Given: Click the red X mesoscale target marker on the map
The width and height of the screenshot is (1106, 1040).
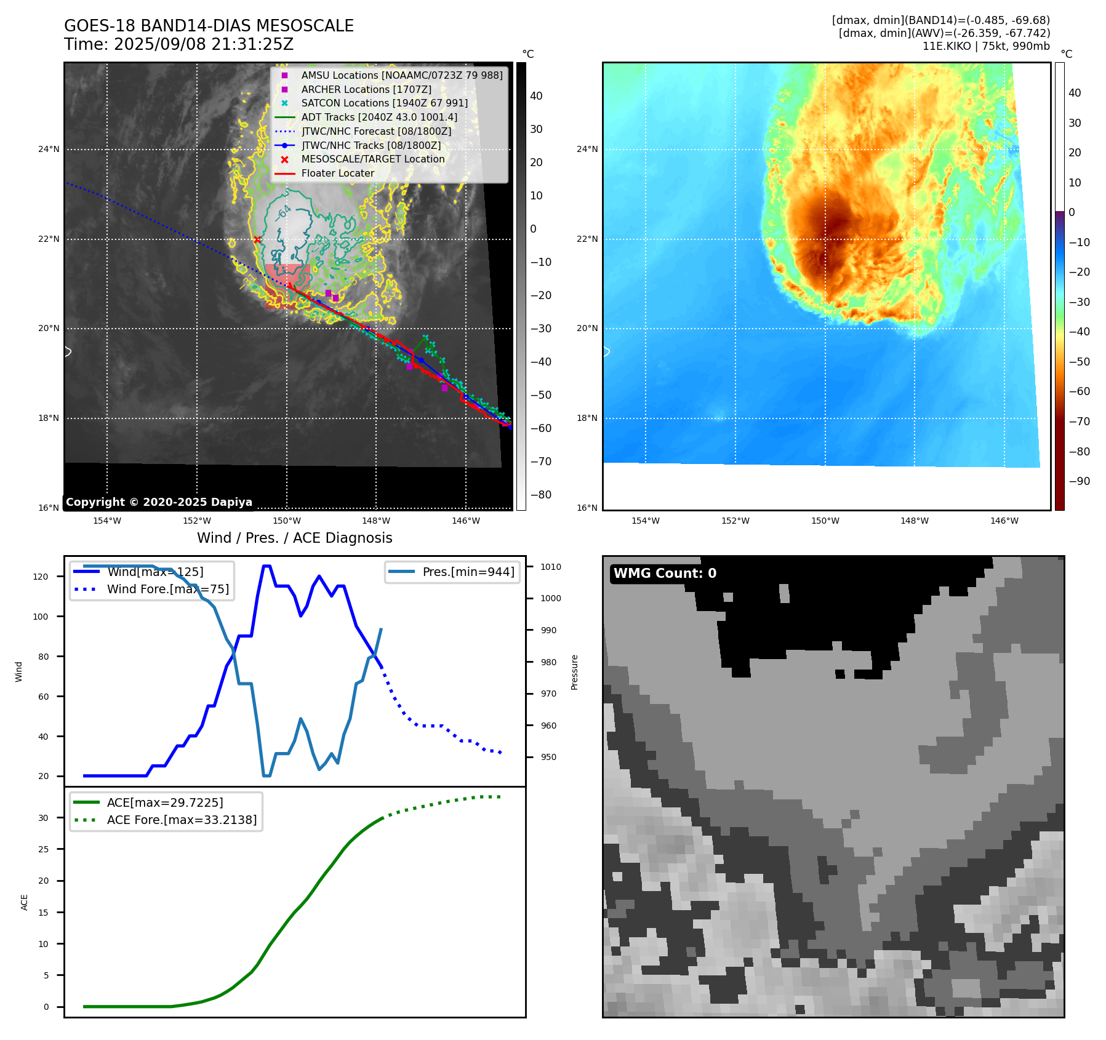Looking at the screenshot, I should pyautogui.click(x=257, y=240).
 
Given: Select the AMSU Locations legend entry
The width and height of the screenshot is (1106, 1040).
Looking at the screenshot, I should pyautogui.click(x=401, y=75).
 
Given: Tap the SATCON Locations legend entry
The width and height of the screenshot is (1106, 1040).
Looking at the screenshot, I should pyautogui.click(x=384, y=103).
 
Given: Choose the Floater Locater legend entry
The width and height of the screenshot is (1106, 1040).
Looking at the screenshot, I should pyautogui.click(x=337, y=174).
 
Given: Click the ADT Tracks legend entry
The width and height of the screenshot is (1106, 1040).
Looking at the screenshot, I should pyautogui.click(x=379, y=117).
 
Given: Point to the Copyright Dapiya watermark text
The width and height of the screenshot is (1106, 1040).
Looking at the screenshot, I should pyautogui.click(x=159, y=502).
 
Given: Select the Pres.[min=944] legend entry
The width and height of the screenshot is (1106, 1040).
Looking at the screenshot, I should pyautogui.click(x=468, y=572).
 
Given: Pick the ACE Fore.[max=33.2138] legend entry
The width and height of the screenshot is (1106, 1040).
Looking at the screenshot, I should pyautogui.click(x=182, y=820).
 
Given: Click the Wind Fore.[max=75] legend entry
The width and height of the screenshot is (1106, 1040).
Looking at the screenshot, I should pyautogui.click(x=167, y=589).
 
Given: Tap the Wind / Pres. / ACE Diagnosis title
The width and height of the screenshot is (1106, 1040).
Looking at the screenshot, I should pyautogui.click(x=294, y=538).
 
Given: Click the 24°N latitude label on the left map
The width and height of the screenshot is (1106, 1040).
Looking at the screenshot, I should pyautogui.click(x=49, y=150).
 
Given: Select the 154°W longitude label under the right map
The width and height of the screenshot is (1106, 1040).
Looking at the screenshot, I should pyautogui.click(x=645, y=521).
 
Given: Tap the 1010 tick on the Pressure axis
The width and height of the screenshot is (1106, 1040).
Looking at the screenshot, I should pyautogui.click(x=551, y=567).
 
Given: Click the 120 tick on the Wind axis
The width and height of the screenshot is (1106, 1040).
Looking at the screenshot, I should pyautogui.click(x=41, y=577).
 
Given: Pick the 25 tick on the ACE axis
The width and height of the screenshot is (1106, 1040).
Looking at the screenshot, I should pyautogui.click(x=43, y=849).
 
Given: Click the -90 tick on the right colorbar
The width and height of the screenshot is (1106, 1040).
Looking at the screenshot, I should pyautogui.click(x=1079, y=481).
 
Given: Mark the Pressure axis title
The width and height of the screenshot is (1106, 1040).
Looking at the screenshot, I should pyautogui.click(x=574, y=672).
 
